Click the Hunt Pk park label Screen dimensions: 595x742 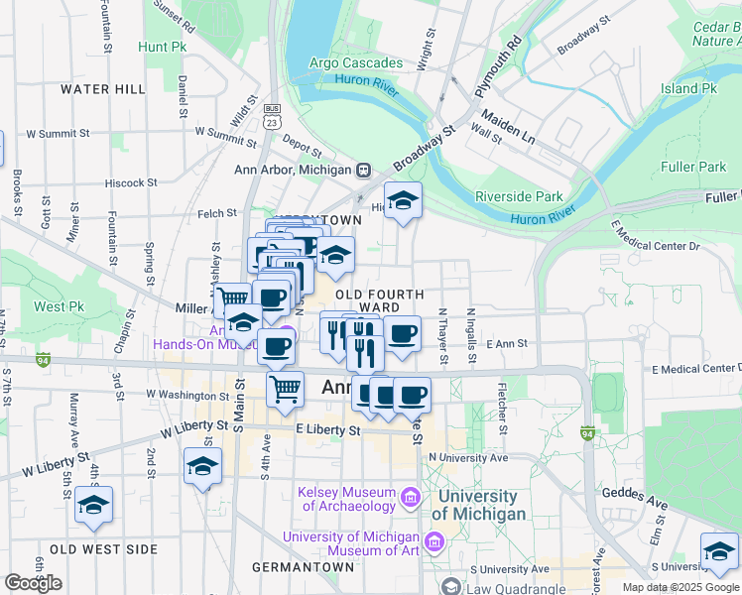click(x=163, y=47)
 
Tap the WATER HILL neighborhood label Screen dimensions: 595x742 click(x=102, y=89)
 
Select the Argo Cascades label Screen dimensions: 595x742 click(x=357, y=63)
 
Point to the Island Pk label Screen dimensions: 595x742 click(x=688, y=88)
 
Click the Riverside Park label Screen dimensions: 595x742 click(x=519, y=196)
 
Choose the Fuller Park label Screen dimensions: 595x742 click(x=697, y=167)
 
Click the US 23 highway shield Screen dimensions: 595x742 click(x=273, y=114)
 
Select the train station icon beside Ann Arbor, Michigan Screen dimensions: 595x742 click(x=364, y=170)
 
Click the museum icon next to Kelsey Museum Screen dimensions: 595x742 click(x=409, y=495)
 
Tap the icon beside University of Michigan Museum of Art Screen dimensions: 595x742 click(x=434, y=541)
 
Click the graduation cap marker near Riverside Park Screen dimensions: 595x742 click(x=403, y=202)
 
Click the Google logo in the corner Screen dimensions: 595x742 click(x=33, y=583)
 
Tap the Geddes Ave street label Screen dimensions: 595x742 click(x=646, y=502)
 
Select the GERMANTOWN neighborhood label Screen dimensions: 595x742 click(x=303, y=567)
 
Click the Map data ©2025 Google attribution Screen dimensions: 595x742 click(x=680, y=587)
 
